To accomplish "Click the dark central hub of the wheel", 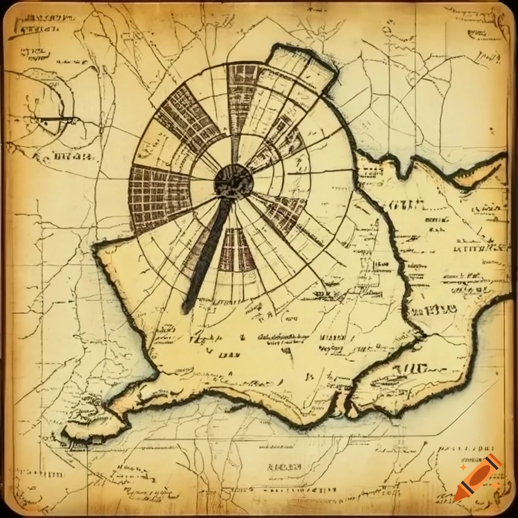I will [x=233, y=181].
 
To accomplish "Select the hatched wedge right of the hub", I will [x=283, y=210].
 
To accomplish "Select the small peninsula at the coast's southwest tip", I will [x=81, y=430].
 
